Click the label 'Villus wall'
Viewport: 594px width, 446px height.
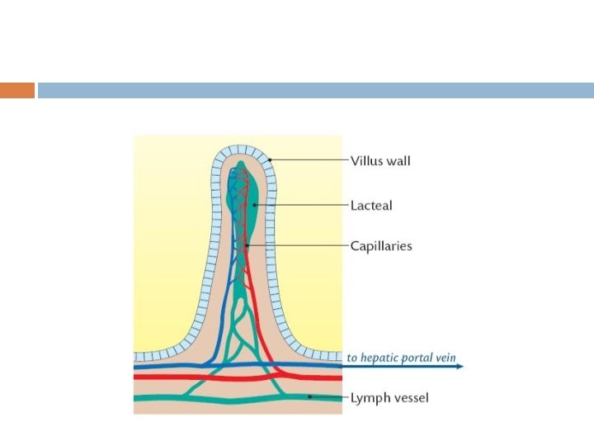point(380,160)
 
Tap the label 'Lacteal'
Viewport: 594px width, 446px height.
point(371,204)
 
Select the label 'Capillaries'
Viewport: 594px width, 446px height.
point(380,245)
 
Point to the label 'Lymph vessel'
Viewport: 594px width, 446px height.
point(389,398)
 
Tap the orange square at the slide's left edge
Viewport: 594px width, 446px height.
point(17,90)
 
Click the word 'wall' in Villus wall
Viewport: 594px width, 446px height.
point(398,160)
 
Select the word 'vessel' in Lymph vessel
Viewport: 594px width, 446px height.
point(410,398)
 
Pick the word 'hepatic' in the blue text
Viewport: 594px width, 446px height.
point(379,358)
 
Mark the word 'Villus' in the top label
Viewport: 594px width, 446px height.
point(366,160)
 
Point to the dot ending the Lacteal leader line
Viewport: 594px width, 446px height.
point(255,204)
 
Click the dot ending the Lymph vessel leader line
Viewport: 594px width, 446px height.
point(310,397)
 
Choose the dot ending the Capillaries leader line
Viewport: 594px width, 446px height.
point(246,245)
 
